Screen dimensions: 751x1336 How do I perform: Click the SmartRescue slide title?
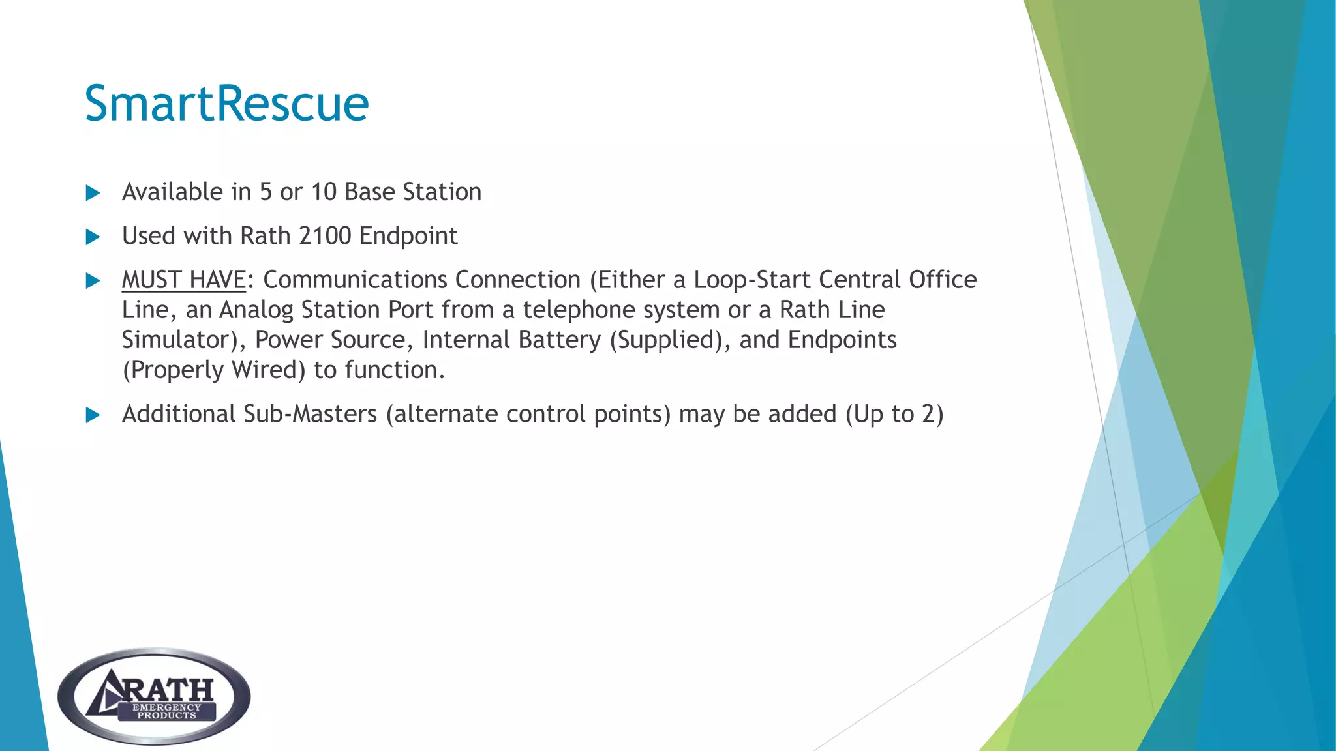(x=226, y=104)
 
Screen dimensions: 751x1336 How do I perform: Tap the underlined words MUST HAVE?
(x=183, y=280)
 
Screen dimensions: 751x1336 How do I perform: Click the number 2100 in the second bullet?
(x=325, y=236)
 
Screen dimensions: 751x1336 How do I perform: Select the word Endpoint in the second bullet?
(x=408, y=236)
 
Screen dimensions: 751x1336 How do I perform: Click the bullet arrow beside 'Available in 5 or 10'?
(x=93, y=193)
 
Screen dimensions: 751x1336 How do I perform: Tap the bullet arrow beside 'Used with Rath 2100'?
(x=93, y=237)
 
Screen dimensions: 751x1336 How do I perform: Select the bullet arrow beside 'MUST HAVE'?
(x=93, y=281)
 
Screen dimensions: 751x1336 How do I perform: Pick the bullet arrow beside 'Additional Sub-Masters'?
(x=93, y=415)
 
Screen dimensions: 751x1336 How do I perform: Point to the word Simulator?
(x=177, y=340)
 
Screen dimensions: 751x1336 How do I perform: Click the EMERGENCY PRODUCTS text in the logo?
(x=166, y=711)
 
